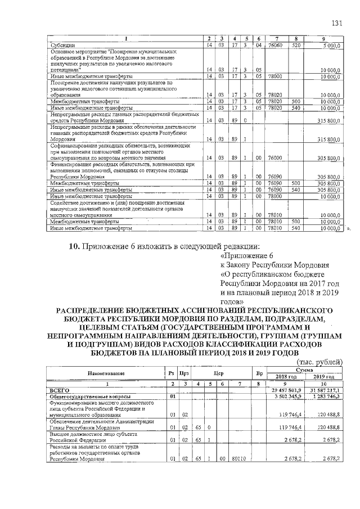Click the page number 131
pyautogui.click(x=336, y=22)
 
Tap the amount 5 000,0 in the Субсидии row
pyautogui.click(x=331, y=44)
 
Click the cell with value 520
pyautogui.click(x=298, y=44)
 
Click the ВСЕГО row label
pyautogui.click(x=59, y=389)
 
